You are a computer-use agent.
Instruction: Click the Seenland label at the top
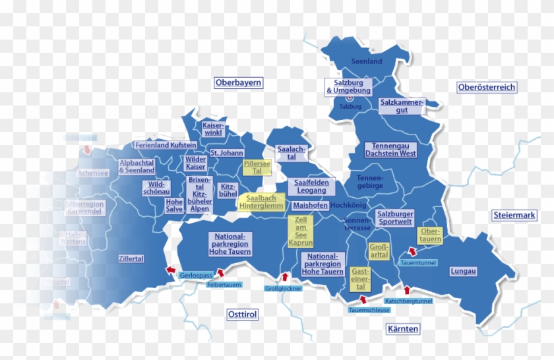(367, 61)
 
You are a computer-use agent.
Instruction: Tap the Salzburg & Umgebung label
(348, 86)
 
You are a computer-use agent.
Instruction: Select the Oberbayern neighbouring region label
(238, 83)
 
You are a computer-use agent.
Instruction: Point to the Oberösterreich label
(487, 87)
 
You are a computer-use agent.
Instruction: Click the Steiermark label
(514, 215)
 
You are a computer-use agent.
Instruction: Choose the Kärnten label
(404, 328)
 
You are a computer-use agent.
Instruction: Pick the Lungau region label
(463, 271)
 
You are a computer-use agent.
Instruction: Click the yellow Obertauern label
(430, 235)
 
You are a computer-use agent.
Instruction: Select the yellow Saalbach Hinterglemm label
(261, 202)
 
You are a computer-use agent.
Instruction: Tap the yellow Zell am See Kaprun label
(301, 231)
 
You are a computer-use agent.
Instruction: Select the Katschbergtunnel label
(408, 301)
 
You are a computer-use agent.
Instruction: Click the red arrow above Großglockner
(285, 277)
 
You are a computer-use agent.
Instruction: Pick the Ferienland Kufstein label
(166, 145)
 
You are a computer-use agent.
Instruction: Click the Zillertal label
(131, 258)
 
